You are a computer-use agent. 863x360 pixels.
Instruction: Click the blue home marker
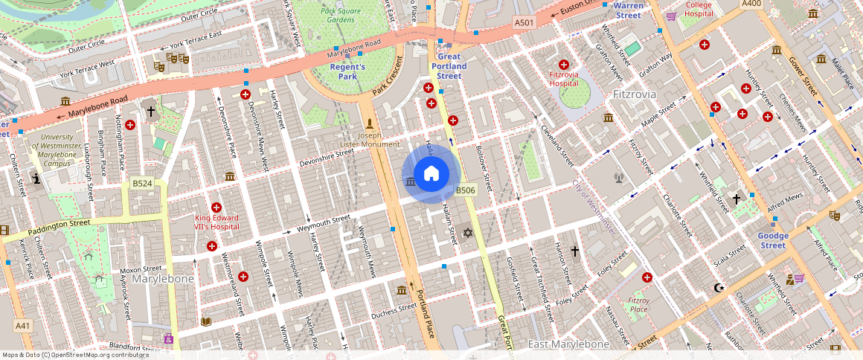coord(431,174)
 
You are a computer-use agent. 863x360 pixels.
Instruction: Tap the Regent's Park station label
coord(348,71)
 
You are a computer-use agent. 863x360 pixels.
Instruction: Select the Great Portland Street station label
coord(449,66)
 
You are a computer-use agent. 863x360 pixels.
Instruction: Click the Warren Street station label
coord(628,10)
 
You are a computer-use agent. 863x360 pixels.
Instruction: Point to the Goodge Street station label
coord(773,240)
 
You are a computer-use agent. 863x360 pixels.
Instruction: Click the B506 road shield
coord(465,190)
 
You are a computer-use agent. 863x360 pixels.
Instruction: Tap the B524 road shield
coord(142,183)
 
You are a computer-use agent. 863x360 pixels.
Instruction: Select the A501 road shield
coord(524,23)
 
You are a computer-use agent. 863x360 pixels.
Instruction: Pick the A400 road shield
coord(751,4)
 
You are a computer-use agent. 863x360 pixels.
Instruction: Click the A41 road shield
coord(23,326)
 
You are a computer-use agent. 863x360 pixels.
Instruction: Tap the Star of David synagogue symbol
coord(468,234)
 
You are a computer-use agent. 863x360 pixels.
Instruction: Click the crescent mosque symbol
coord(718,287)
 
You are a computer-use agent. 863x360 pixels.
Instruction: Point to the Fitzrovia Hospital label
coord(563,79)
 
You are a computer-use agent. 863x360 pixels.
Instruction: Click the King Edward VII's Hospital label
coord(216,222)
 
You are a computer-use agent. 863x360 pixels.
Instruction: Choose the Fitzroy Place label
coord(638,304)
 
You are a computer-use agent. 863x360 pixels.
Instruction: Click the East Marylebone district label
coord(568,344)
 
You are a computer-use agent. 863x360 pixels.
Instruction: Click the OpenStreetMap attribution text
coord(75,355)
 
